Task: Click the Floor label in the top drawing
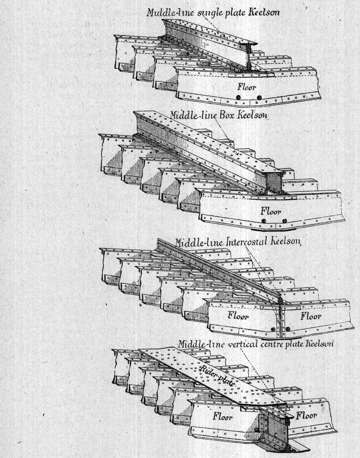click(246, 87)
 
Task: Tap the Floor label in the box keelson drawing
click(271, 211)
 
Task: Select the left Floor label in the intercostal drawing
click(238, 315)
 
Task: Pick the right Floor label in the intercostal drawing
click(311, 315)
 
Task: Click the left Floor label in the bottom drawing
click(223, 416)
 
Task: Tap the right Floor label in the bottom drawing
click(306, 415)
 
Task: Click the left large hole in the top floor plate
click(239, 97)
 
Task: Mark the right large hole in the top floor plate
click(259, 97)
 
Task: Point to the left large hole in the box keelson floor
click(264, 221)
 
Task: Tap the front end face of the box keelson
click(274, 183)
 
